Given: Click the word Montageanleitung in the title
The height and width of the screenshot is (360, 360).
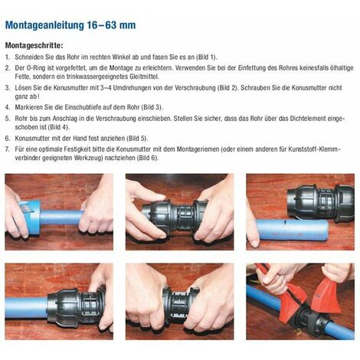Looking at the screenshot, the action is pyautogui.click(x=45, y=25).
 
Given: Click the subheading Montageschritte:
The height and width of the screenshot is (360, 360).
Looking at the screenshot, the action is pyautogui.click(x=34, y=45).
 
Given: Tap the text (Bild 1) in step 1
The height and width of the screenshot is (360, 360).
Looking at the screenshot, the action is pyautogui.click(x=206, y=57).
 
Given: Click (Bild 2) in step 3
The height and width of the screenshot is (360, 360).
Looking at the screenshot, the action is pyautogui.click(x=227, y=88).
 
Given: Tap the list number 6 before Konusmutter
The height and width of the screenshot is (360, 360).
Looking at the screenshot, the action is pyautogui.click(x=8, y=139).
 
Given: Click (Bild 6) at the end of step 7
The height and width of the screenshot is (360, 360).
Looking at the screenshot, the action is pyautogui.click(x=148, y=158).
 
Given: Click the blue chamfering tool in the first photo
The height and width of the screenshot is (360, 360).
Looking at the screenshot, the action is pyautogui.click(x=29, y=217).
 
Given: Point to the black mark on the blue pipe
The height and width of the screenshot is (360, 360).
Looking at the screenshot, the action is pyautogui.click(x=285, y=222).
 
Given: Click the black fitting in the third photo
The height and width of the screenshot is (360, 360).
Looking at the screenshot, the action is pyautogui.click(x=321, y=201).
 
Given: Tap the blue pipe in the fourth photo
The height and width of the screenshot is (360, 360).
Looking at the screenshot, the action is pyautogui.click(x=26, y=307).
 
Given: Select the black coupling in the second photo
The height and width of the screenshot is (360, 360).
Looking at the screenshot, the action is pyautogui.click(x=175, y=217).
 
